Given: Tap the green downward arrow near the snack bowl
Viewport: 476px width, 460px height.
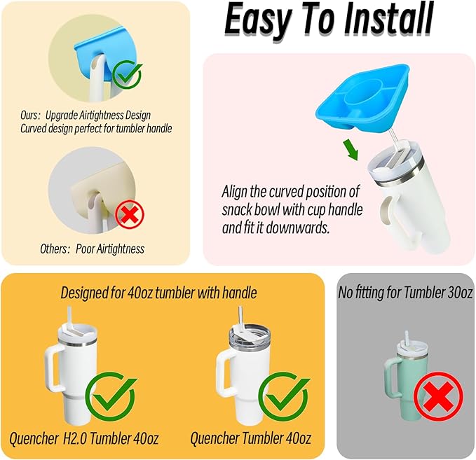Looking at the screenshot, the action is pyautogui.click(x=351, y=149).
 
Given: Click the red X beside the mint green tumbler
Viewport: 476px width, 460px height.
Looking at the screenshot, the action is pyautogui.click(x=438, y=396).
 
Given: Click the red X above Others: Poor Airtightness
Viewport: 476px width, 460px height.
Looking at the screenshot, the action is pyautogui.click(x=130, y=215).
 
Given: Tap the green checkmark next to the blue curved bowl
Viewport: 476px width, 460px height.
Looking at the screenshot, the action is pyautogui.click(x=127, y=74).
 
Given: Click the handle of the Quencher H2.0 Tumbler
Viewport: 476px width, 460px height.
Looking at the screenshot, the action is pyautogui.click(x=54, y=369).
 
